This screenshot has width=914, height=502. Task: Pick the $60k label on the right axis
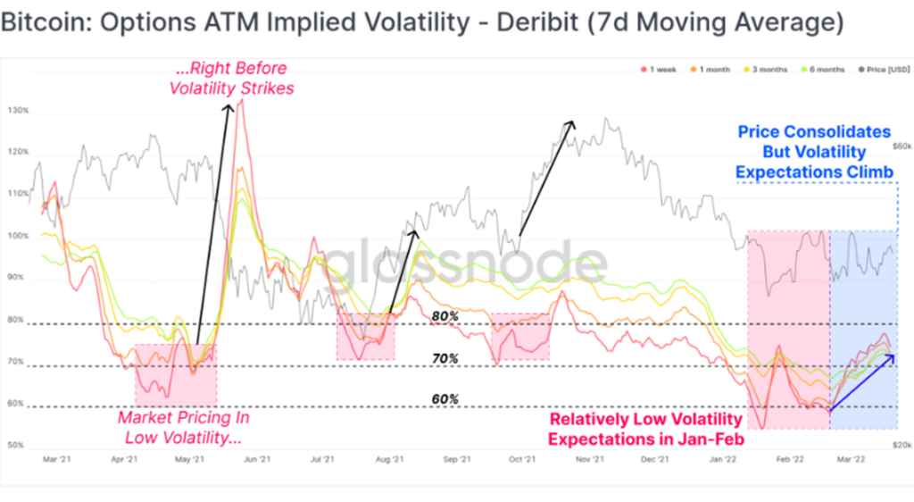(x=901, y=145)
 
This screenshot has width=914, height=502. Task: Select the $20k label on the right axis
(x=901, y=444)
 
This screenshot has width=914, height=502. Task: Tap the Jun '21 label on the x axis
(x=257, y=461)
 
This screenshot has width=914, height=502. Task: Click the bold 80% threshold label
(x=445, y=315)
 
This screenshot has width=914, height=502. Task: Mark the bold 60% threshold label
(x=445, y=398)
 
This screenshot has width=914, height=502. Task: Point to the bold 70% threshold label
(x=445, y=358)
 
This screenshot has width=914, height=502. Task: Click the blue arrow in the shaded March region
(x=862, y=383)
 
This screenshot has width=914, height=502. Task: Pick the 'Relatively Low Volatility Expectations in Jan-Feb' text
(x=645, y=429)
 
